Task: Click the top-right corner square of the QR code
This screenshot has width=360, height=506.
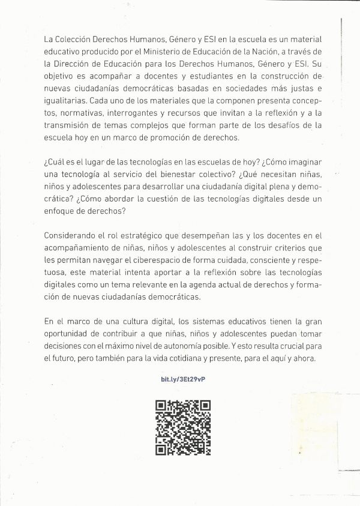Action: tap(204, 406)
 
